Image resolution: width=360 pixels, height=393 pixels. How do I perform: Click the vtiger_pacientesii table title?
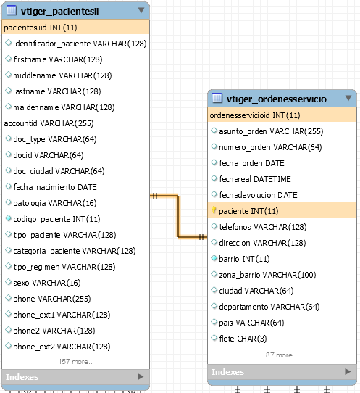(59, 12)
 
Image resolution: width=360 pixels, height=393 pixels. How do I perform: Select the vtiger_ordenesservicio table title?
(277, 99)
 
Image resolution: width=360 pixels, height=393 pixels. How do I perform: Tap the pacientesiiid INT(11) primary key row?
(41, 28)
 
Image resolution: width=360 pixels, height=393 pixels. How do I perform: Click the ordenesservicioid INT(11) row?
(255, 115)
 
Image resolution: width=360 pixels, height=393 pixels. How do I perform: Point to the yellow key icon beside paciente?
(214, 210)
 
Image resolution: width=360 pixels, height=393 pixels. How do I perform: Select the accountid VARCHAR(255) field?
(49, 123)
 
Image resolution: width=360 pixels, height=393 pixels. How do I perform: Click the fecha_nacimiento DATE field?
(55, 187)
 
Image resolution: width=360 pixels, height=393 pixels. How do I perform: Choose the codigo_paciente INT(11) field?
(56, 219)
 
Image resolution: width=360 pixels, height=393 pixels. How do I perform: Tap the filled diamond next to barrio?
(214, 258)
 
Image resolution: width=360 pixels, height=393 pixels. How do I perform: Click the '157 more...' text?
(76, 362)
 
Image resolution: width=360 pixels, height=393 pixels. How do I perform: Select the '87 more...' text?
(282, 355)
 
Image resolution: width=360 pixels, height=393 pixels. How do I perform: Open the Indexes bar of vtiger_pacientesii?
(75, 377)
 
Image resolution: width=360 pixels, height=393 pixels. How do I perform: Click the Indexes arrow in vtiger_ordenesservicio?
(348, 371)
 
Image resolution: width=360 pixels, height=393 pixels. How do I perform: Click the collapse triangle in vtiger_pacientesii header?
(141, 10)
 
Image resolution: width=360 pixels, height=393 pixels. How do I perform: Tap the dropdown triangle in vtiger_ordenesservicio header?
(348, 98)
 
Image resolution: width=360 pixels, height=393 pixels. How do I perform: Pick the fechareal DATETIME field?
(255, 179)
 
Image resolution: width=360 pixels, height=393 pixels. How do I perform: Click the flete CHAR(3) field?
(243, 339)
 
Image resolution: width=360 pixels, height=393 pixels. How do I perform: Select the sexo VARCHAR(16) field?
(47, 283)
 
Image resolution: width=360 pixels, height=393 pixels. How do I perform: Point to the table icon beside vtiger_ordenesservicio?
(217, 98)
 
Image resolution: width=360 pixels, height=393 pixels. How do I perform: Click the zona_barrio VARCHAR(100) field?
(267, 275)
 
